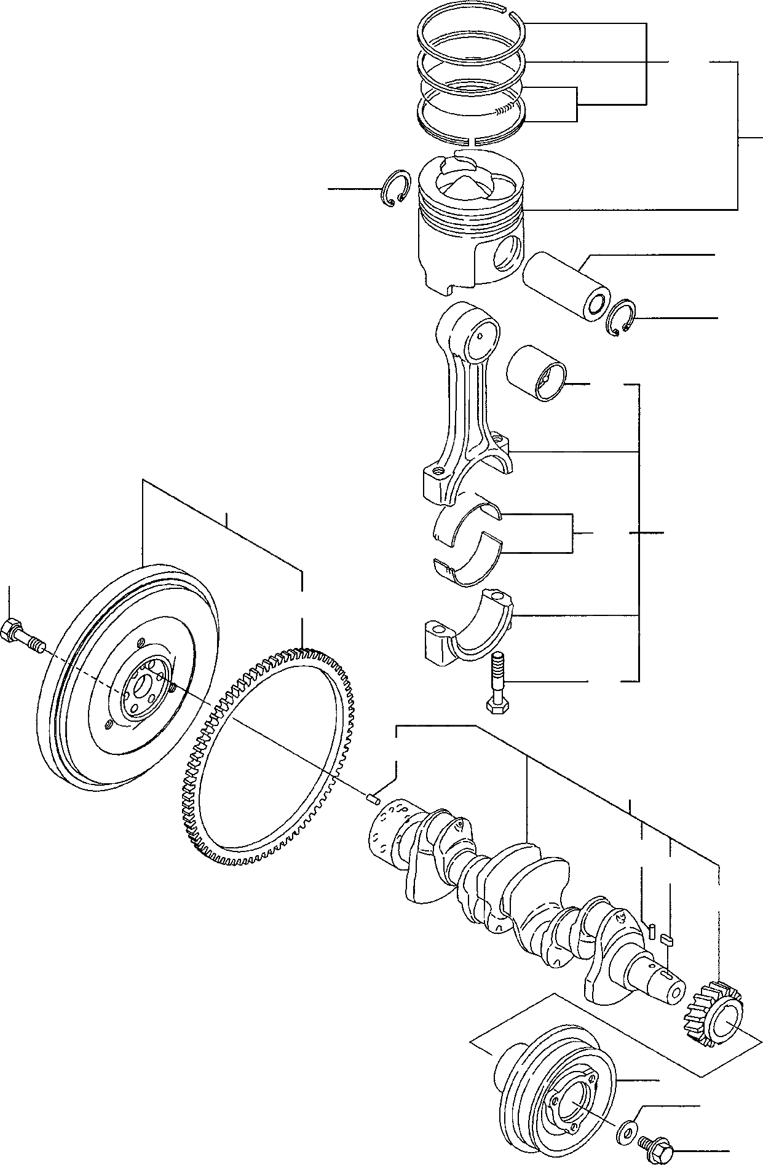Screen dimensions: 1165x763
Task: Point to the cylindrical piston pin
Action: [x=562, y=286]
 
